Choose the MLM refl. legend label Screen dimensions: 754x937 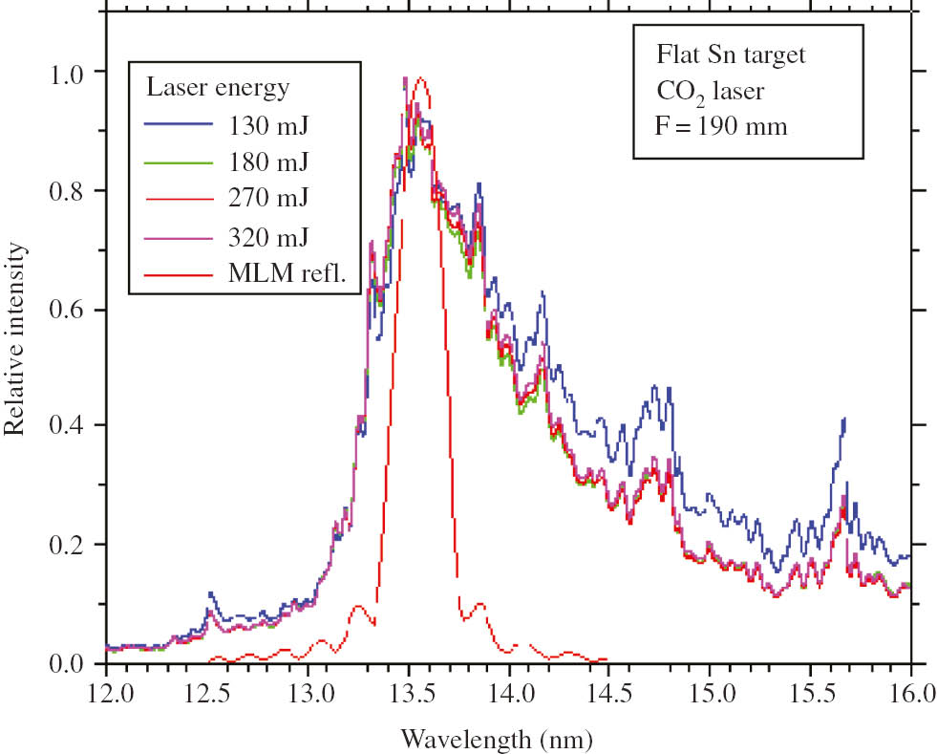tap(280, 273)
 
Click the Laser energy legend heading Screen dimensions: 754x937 tap(218, 89)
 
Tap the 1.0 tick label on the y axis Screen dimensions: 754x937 tap(76, 73)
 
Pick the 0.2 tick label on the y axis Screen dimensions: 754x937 tap(76, 546)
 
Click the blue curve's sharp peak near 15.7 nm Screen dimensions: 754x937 tap(844, 419)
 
